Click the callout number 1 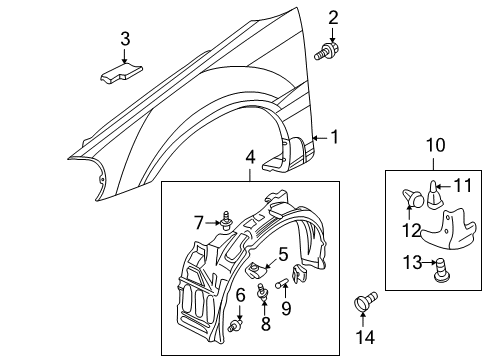pos(336,138)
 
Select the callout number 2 pos(334,16)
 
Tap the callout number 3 pos(125,39)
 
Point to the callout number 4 pos(251,156)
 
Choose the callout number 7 pos(199,221)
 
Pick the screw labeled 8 pos(264,293)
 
